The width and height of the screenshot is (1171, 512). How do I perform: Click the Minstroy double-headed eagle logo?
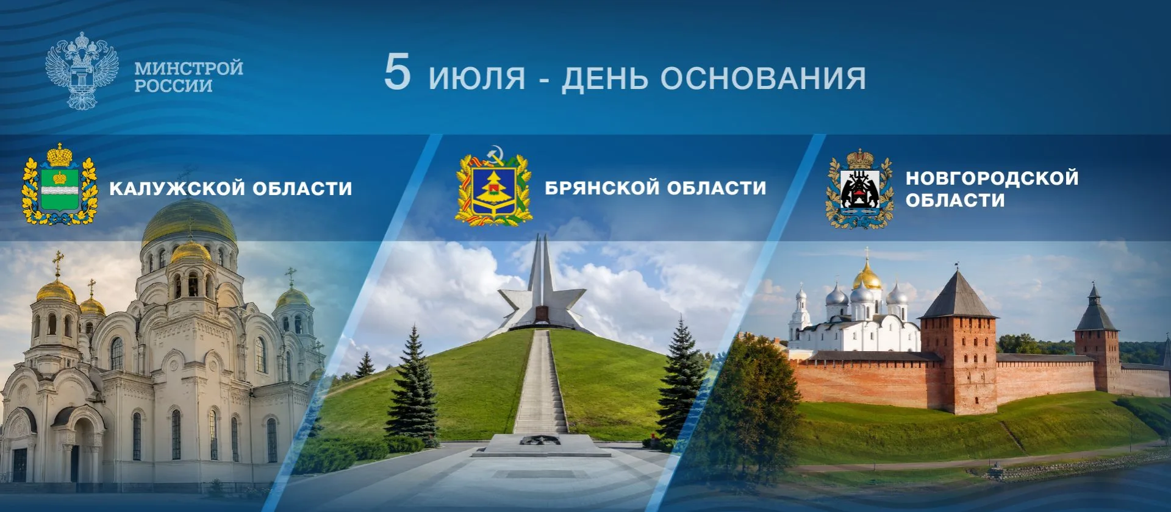(82, 71)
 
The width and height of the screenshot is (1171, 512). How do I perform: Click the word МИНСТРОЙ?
(188, 68)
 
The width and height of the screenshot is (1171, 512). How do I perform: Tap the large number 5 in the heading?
(397, 72)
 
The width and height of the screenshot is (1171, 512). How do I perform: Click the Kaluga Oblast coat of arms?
(60, 183)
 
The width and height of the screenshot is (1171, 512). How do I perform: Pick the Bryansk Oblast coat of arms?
(493, 186)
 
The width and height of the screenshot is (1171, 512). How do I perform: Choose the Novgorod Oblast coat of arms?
(860, 189)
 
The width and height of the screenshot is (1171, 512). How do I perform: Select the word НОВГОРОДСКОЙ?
(992, 178)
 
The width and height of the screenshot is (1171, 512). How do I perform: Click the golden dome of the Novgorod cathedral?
(867, 277)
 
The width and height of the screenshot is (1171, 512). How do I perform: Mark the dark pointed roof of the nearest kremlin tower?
(957, 296)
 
